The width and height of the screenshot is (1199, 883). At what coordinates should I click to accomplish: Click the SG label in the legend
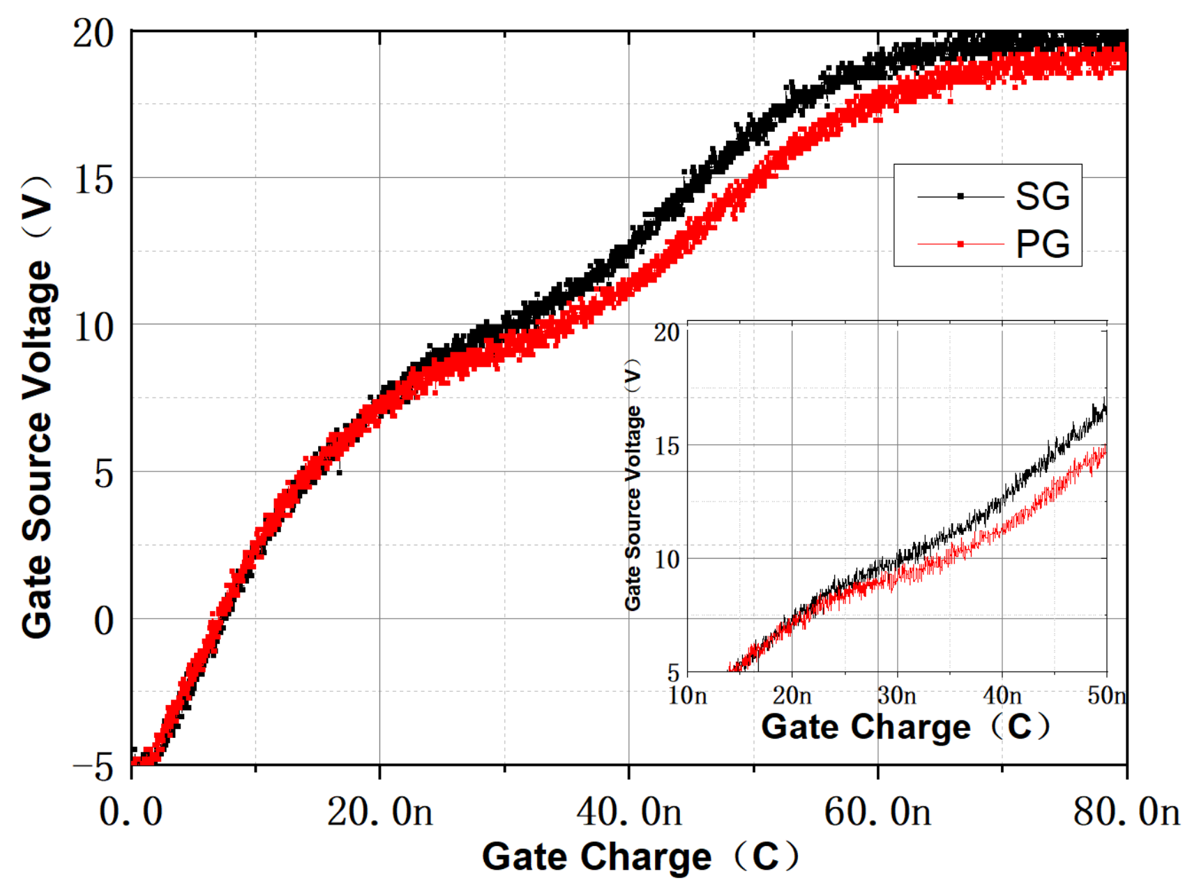tap(1041, 197)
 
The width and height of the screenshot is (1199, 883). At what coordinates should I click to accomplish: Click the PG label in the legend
tap(1041, 244)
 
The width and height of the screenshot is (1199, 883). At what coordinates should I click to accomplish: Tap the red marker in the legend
tap(960, 244)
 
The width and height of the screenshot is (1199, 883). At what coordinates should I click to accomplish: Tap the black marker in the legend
tap(960, 197)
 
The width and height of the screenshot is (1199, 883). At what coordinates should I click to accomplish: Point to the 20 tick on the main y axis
tap(93, 33)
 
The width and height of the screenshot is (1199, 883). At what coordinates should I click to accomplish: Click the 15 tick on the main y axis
tap(93, 180)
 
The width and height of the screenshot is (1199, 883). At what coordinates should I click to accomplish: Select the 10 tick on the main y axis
tap(93, 326)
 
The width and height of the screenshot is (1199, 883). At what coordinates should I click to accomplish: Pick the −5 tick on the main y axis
tap(93, 767)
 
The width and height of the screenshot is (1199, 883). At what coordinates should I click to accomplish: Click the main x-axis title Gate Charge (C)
tap(640, 856)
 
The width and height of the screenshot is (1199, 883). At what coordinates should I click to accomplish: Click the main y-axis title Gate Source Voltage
tap(38, 408)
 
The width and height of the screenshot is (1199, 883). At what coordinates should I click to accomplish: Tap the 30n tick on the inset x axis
tap(897, 695)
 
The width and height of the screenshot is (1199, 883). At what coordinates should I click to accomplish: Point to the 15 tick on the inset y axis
tap(668, 446)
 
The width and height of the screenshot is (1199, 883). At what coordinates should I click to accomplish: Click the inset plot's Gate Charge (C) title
tap(905, 727)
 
